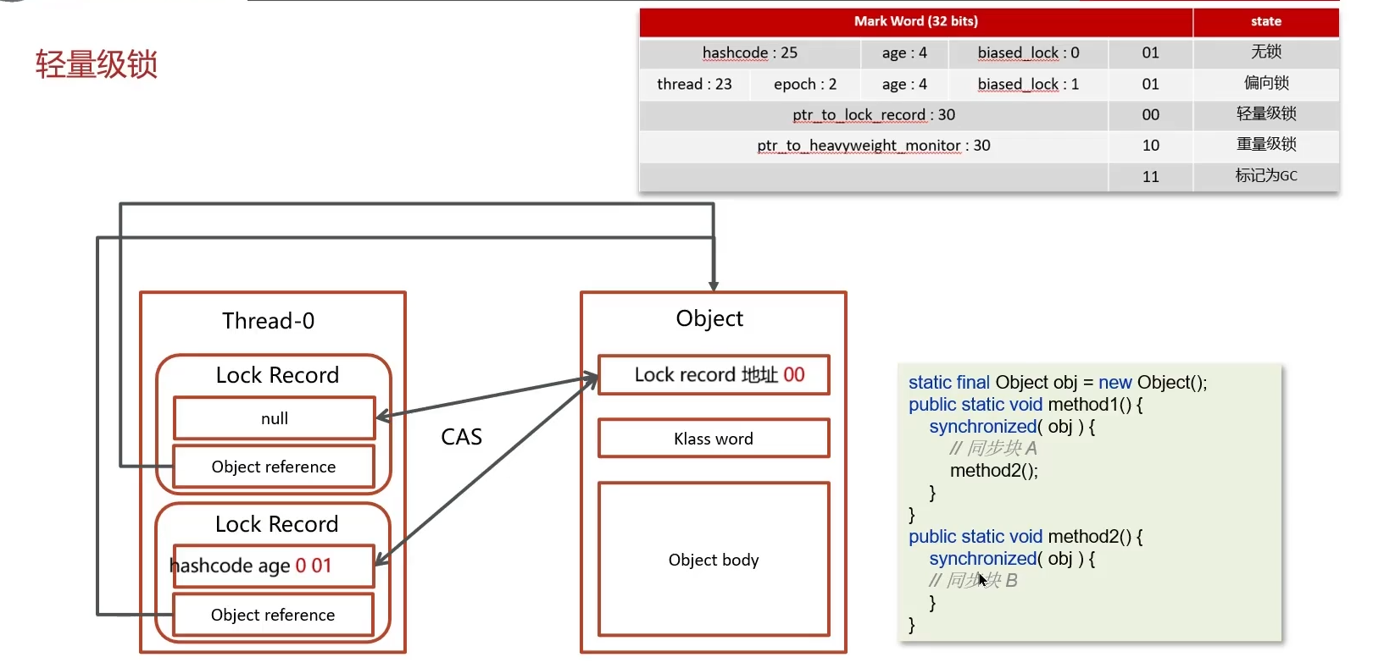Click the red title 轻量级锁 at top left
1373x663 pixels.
point(97,64)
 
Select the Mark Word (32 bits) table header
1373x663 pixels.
point(915,21)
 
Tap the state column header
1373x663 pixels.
point(1265,21)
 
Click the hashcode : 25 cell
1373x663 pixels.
point(749,52)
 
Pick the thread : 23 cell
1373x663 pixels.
point(694,84)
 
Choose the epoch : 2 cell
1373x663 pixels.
point(804,84)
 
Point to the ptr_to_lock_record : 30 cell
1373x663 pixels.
point(873,114)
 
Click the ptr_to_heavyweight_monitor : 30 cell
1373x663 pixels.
point(873,146)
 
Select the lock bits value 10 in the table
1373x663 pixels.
point(1150,146)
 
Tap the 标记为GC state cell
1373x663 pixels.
point(1265,176)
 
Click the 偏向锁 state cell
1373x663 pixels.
point(1265,83)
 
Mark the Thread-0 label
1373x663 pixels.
point(268,321)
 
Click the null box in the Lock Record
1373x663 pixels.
point(275,418)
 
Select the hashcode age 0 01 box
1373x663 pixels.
point(273,566)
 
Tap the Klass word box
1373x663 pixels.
point(713,439)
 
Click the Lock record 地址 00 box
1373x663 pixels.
point(714,374)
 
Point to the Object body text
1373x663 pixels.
point(713,560)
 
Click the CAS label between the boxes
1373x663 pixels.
point(461,437)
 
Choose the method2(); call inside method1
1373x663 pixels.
point(993,471)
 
